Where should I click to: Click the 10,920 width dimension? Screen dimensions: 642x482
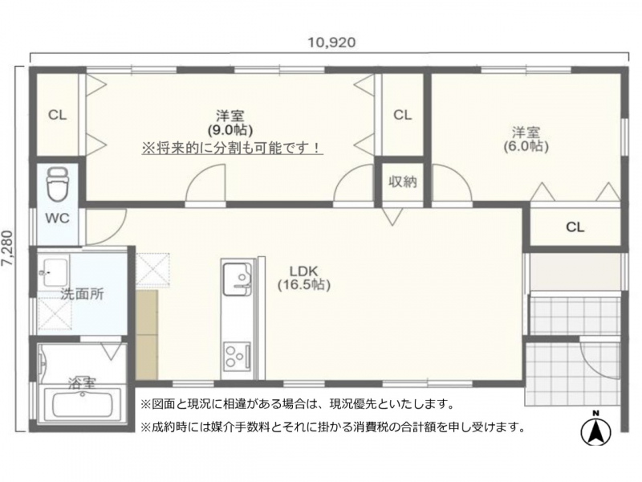(331, 43)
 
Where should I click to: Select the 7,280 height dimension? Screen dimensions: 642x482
(8, 248)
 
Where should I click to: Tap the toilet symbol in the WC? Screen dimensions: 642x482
(58, 185)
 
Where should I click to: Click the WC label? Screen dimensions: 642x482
(57, 218)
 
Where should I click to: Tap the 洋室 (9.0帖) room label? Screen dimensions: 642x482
(230, 123)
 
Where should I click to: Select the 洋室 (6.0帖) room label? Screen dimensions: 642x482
(526, 139)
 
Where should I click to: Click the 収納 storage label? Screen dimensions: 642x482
(403, 182)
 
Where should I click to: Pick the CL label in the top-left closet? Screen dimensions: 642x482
(57, 115)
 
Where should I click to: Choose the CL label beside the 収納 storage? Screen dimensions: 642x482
(403, 115)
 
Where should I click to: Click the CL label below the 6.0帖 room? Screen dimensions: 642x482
(575, 227)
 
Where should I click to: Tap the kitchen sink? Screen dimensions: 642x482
(237, 279)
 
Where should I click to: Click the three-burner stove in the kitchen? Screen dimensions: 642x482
(237, 357)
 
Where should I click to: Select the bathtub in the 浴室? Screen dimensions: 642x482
(83, 405)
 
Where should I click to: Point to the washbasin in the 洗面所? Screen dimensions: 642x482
(55, 272)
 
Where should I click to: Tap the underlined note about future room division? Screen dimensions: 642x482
(232, 148)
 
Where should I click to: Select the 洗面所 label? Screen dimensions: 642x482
(82, 293)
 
